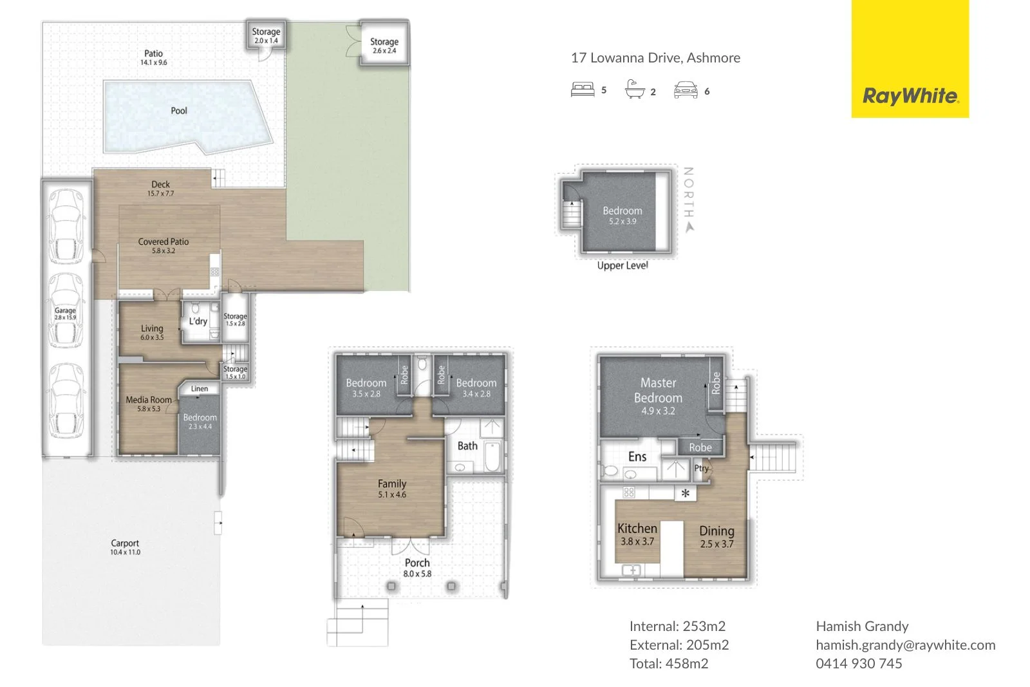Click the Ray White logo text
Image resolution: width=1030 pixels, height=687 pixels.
point(910,96)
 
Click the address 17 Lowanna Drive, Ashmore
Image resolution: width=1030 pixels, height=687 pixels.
point(655,58)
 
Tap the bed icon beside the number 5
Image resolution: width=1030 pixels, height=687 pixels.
point(582,89)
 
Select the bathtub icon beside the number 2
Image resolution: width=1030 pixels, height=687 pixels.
point(635,89)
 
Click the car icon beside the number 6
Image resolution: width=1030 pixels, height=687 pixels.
point(686,90)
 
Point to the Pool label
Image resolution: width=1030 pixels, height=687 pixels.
point(179,111)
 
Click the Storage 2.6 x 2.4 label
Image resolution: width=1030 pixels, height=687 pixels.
point(384,45)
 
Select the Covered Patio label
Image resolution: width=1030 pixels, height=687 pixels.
point(164,245)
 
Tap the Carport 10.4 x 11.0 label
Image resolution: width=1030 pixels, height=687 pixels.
point(125,547)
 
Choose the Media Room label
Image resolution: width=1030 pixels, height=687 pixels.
point(149,404)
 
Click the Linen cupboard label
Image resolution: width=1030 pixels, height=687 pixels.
point(200,389)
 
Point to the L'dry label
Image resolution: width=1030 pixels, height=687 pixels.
point(198,321)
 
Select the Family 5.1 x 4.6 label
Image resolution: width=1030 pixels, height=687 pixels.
point(392,489)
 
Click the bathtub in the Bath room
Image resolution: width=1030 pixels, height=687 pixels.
point(492,457)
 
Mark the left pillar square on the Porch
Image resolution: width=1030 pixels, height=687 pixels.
point(391,587)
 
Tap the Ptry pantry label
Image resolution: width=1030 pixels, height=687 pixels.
point(701,468)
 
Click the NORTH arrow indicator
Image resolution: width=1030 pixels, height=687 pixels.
point(689,227)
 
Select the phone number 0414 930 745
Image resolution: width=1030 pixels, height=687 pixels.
point(859,664)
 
